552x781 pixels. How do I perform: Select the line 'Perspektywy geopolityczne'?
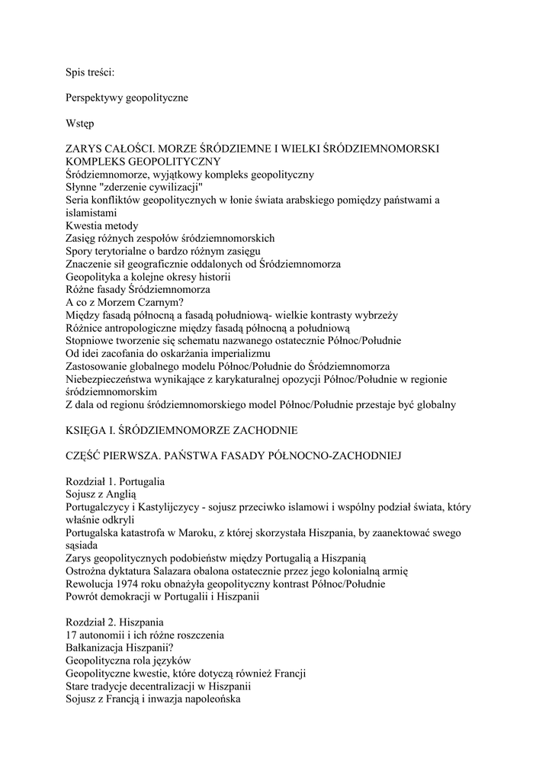point(127,98)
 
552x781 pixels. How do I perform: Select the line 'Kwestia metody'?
point(102,226)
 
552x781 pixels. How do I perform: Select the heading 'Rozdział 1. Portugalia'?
point(115,482)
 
